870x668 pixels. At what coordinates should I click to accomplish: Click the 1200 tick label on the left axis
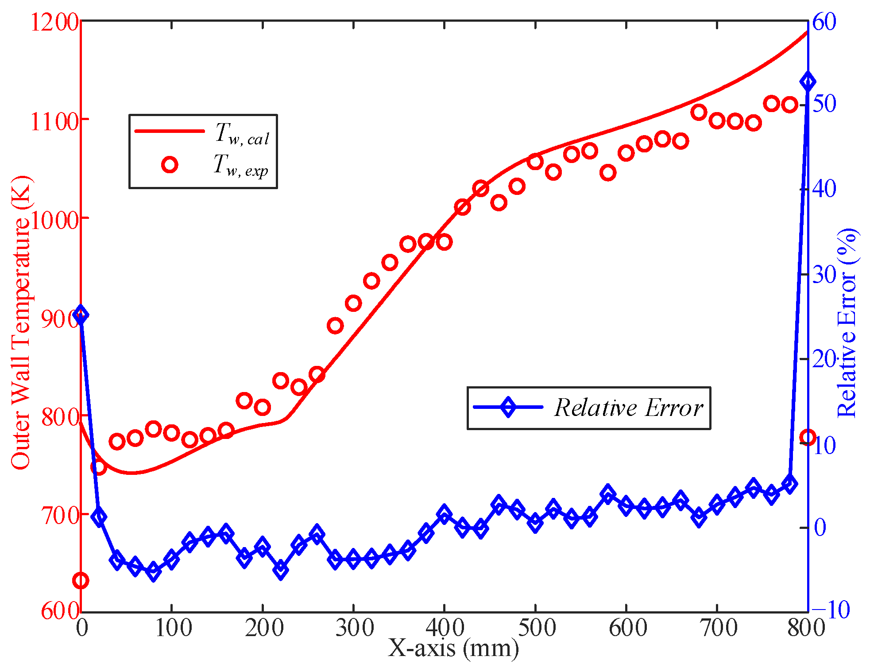[x=54, y=22]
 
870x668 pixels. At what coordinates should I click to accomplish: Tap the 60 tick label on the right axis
[x=824, y=22]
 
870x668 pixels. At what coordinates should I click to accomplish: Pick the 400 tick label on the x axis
[x=444, y=628]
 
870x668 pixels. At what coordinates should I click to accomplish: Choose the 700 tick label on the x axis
[x=717, y=628]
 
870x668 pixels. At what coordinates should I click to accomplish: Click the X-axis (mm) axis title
[x=453, y=649]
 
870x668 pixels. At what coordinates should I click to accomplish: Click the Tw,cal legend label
[x=242, y=134]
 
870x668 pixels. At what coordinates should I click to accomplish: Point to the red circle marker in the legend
[x=170, y=165]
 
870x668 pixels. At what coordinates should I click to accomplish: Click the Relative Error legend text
[x=628, y=408]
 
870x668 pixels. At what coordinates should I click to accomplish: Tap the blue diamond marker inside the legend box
[x=508, y=407]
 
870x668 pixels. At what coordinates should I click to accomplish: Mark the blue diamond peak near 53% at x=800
[x=808, y=82]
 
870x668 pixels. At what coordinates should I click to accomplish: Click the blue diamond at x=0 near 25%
[x=81, y=315]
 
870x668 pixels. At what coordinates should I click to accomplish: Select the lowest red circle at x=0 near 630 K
[x=81, y=580]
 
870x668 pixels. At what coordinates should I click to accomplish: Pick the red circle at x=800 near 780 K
[x=808, y=438]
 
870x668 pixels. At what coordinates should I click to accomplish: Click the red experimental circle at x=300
[x=353, y=303]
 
